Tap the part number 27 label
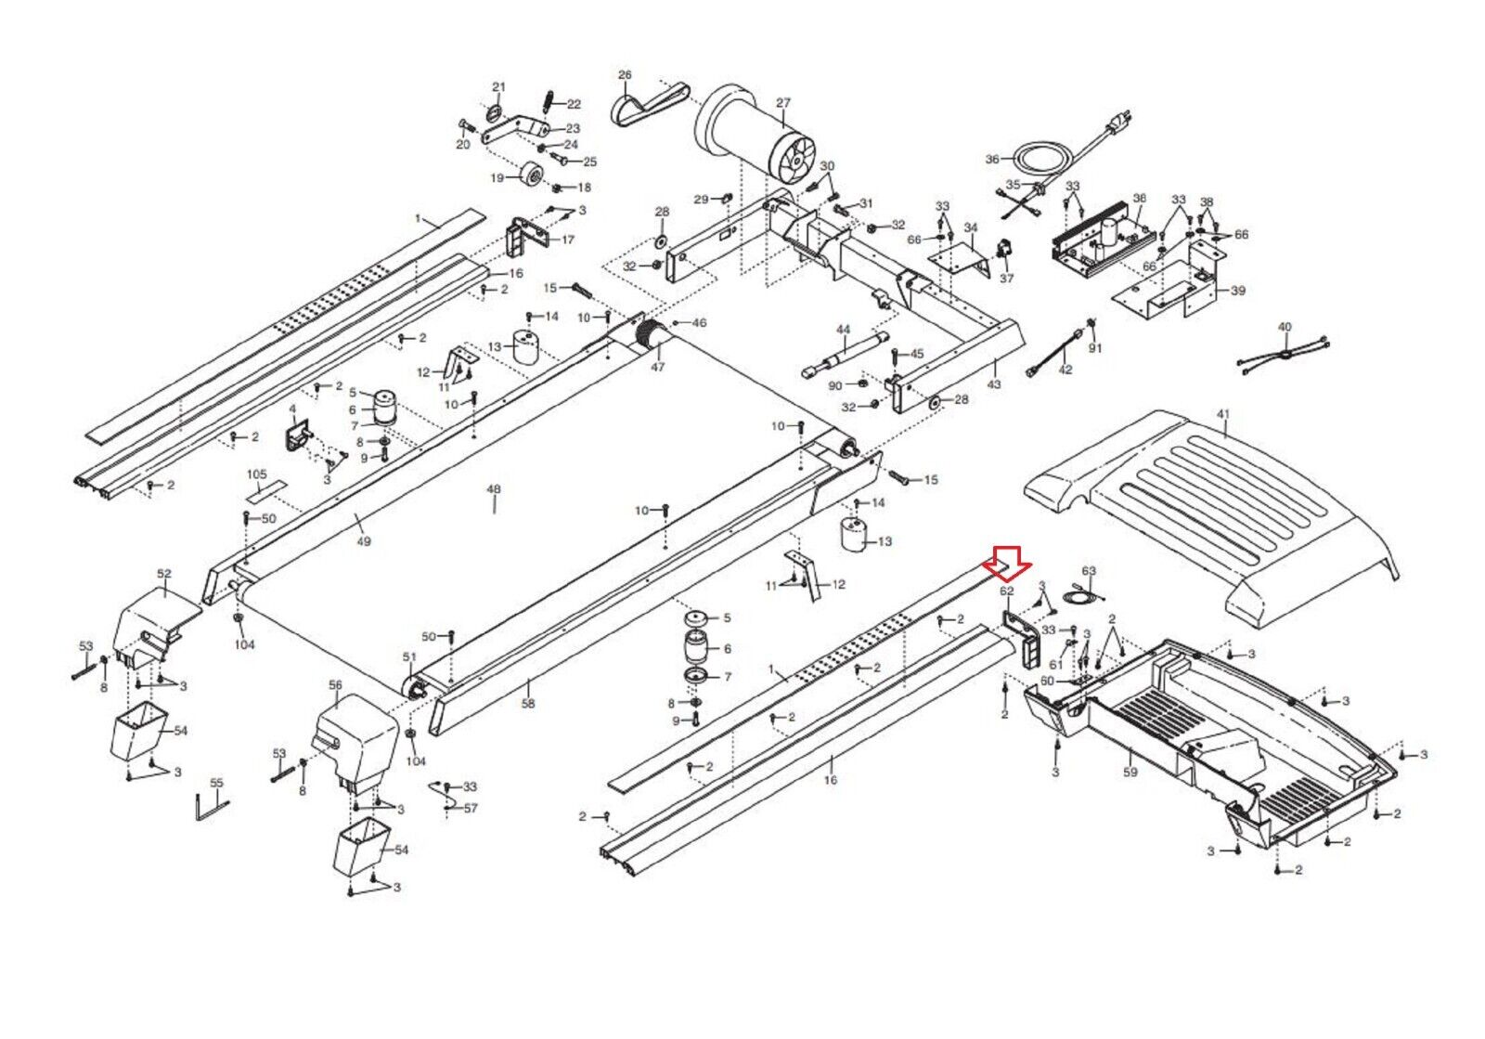coord(783,103)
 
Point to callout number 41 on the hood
coord(1223,414)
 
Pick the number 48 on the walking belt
coord(494,489)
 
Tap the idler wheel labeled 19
coord(531,176)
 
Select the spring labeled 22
coord(549,103)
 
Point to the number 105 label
coord(256,474)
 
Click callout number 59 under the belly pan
coord(1130,772)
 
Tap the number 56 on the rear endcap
coord(335,685)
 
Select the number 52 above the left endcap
coord(163,574)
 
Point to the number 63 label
coord(1089,570)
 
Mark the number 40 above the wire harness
coord(1285,327)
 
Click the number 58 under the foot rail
coord(528,704)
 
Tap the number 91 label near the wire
coord(1095,347)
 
